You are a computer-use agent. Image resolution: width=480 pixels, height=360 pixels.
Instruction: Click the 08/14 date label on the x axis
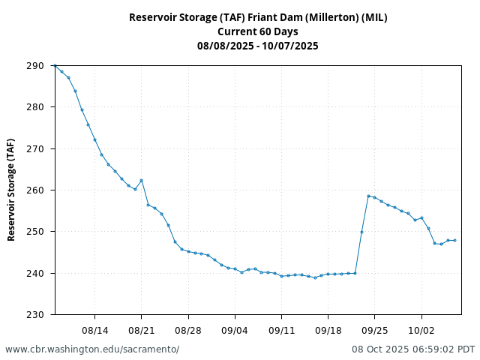pyautogui.click(x=94, y=330)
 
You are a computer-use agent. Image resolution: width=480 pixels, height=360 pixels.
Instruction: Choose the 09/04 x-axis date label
pyautogui.click(x=235, y=330)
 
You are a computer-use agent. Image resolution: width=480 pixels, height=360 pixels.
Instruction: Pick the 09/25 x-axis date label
pyautogui.click(x=375, y=330)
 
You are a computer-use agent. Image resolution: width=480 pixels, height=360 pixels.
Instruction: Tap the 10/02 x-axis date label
pyautogui.click(x=421, y=330)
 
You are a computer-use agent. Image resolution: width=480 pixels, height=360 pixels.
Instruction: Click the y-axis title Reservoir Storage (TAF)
pyautogui.click(x=11, y=190)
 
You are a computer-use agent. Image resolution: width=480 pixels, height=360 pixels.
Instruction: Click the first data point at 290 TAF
pyautogui.click(x=55, y=66)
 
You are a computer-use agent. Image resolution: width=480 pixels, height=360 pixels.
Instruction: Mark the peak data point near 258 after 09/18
pyautogui.click(x=368, y=196)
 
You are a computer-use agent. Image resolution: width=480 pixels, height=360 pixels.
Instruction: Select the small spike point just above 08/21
pyautogui.click(x=141, y=180)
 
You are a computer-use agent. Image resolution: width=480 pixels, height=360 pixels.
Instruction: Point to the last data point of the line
pyautogui.click(x=454, y=240)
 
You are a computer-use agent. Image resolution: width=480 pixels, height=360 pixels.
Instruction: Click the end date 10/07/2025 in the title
pyautogui.click(x=290, y=46)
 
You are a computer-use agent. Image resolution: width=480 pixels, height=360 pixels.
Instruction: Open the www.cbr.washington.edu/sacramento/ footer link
pyautogui.click(x=92, y=349)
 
